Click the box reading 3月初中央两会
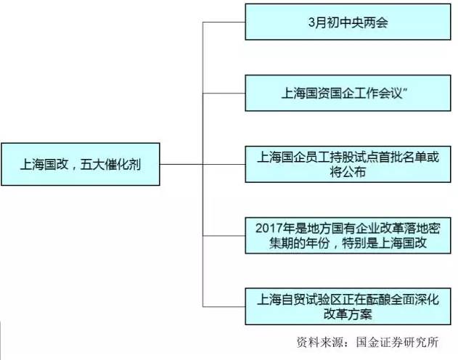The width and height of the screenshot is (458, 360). click(348, 22)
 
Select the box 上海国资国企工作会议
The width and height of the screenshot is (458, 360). click(348, 93)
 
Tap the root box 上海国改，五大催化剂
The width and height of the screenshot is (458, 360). click(81, 164)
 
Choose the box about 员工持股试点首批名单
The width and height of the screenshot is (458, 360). click(348, 164)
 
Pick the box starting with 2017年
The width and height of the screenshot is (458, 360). click(348, 235)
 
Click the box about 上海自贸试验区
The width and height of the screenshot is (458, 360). click(348, 306)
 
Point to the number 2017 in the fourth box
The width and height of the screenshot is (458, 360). click(268, 229)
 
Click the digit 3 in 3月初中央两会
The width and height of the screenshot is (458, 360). click(311, 22)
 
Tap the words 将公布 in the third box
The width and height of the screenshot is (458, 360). click(348, 172)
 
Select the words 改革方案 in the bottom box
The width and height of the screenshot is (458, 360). click(348, 314)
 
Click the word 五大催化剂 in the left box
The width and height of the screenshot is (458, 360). click(110, 164)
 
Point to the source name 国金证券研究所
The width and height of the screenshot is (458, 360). click(397, 342)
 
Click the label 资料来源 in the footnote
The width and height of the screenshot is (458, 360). click(320, 342)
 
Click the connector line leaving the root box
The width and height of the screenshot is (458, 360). click(181, 164)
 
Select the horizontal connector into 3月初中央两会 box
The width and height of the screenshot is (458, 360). click(224, 22)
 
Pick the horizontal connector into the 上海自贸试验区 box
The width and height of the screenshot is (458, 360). click(224, 306)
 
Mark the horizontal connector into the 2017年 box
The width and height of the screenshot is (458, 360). click(224, 236)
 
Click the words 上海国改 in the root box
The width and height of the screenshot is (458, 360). click(44, 164)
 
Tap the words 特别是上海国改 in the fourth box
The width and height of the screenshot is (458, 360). click(385, 243)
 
